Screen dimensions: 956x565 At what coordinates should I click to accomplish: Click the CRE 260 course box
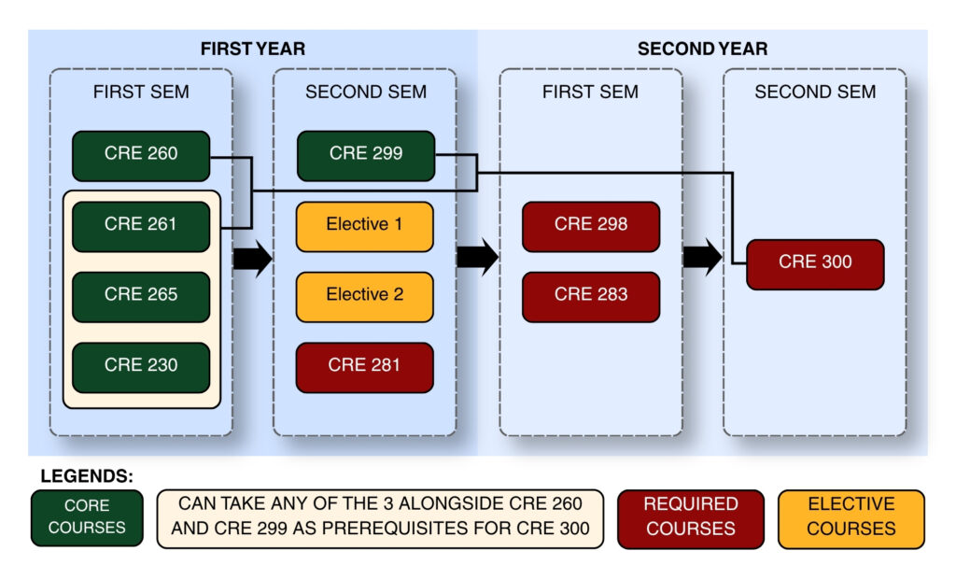(141, 156)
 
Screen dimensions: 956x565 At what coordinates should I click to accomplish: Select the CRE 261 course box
(141, 227)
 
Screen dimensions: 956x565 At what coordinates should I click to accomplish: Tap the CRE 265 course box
(141, 297)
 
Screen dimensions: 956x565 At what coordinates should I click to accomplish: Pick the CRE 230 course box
(141, 367)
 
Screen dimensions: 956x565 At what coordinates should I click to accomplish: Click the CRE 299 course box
(366, 156)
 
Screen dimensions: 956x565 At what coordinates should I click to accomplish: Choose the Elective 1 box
(365, 227)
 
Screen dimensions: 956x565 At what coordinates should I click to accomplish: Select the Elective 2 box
(365, 297)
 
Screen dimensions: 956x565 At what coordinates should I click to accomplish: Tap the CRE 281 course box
(365, 367)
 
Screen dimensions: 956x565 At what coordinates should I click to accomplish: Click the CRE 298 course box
(591, 227)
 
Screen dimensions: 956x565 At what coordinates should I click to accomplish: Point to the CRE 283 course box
(591, 297)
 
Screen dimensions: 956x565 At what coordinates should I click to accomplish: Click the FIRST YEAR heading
(253, 49)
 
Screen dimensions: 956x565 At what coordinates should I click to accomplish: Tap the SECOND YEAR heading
(702, 49)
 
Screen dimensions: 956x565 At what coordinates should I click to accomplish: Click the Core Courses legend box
(87, 518)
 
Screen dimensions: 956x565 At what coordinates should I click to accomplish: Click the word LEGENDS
(87, 476)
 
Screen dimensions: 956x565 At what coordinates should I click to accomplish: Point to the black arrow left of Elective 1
(252, 259)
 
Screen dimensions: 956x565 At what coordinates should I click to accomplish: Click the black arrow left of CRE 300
(703, 257)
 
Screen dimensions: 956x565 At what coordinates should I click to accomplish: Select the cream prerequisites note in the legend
(381, 518)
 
